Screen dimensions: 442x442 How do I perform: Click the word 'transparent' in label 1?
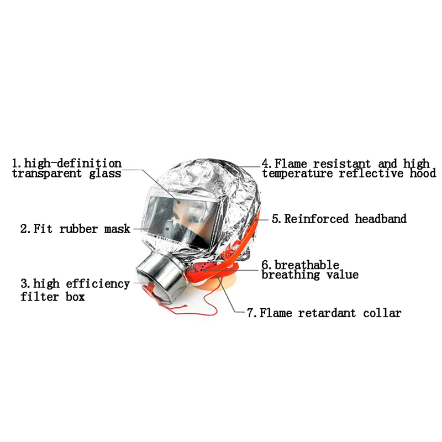click(47, 173)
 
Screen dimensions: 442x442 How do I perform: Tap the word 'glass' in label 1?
click(105, 173)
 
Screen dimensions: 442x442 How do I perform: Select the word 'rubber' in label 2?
click(78, 229)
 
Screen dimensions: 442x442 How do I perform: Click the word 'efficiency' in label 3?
click(98, 284)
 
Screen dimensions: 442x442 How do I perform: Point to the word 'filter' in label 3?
click(40, 296)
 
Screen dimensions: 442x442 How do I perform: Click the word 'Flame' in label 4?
click(291, 164)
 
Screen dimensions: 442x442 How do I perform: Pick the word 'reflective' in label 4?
click(371, 173)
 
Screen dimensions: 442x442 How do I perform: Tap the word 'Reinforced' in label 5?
click(316, 219)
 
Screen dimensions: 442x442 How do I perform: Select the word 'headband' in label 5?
click(381, 219)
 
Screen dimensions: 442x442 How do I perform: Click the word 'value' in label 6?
click(342, 275)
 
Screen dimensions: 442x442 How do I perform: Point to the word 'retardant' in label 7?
click(327, 313)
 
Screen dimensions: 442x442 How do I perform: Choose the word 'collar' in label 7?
click(382, 313)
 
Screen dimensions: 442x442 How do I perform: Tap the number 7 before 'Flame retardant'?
click(250, 313)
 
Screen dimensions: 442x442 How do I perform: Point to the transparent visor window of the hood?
click(182, 220)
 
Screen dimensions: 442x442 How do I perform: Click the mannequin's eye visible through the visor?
click(194, 218)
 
